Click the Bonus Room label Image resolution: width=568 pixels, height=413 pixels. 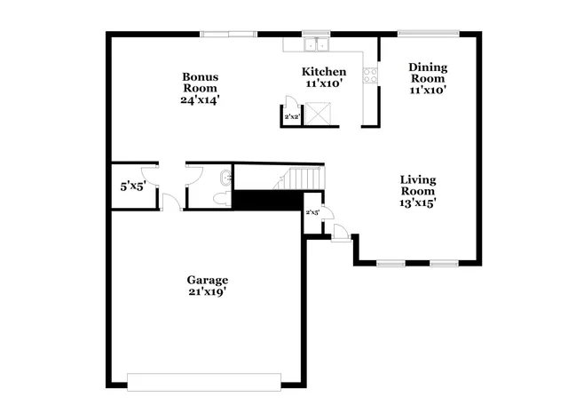coord(200,82)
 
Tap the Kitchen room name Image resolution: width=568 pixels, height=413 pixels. coord(324,72)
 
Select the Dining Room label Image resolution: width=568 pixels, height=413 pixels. coord(427,72)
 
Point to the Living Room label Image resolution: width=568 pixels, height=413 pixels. coord(416,185)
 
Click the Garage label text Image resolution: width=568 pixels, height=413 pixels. coord(206,280)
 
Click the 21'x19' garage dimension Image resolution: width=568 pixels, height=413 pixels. coord(206,292)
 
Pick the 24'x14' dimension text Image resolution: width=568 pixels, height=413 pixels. coord(200,100)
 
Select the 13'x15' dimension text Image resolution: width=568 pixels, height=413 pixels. coord(416,203)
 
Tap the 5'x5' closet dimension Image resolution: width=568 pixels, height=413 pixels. coord(133,187)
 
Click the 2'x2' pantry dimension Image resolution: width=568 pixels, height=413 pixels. coord(291,116)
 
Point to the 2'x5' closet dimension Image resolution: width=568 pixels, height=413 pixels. coord(313,213)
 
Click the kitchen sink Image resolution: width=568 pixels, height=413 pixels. coord(315,44)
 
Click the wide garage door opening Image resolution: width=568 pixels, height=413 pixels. coord(204,381)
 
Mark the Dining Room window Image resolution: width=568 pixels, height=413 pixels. coord(428,35)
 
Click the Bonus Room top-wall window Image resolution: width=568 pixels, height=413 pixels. coord(228,35)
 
